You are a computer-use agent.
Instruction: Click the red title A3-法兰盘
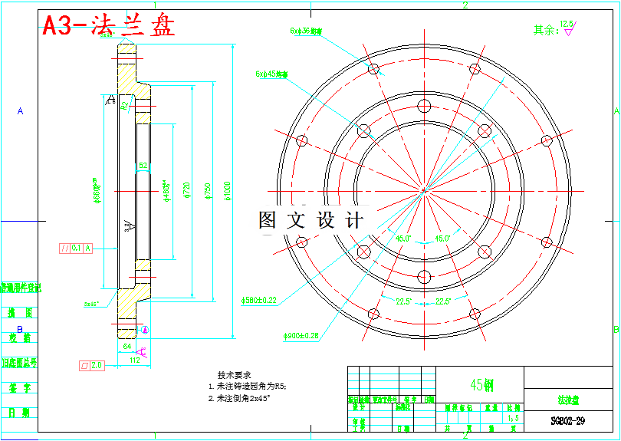coord(108,26)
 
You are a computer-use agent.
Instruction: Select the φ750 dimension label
coord(206,193)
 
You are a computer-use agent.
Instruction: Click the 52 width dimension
coord(143,166)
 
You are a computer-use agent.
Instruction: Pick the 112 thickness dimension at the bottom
coord(133,359)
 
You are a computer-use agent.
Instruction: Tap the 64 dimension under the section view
coord(127,347)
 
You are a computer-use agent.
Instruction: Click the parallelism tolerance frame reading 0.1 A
coord(76,248)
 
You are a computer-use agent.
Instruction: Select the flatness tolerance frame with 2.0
coord(91,365)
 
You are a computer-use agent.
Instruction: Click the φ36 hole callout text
coord(306,31)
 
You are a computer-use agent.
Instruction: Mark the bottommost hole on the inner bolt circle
coord(423,275)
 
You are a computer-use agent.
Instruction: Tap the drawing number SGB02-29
coord(567,421)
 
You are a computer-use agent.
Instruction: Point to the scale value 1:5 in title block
coord(513,419)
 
